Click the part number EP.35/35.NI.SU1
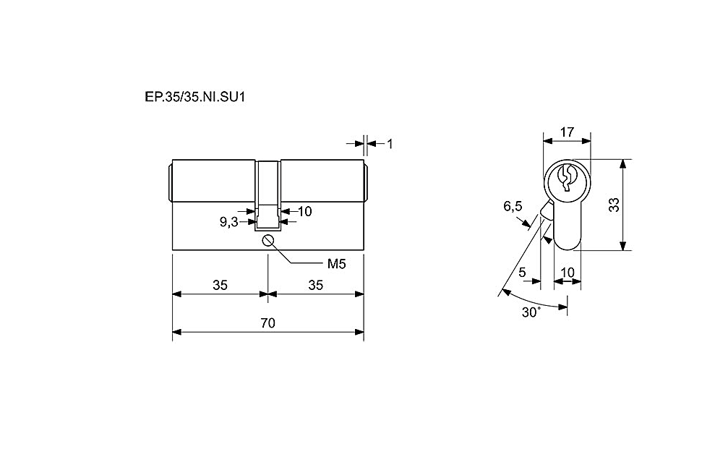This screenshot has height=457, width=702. click(x=194, y=97)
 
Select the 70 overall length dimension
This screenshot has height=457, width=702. click(x=267, y=323)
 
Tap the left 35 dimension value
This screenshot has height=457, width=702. click(x=220, y=285)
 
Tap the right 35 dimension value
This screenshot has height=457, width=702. click(x=316, y=285)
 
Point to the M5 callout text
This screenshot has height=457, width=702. click(x=337, y=264)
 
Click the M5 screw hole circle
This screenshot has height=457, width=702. click(x=268, y=241)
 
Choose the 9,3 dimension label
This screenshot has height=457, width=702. click(x=228, y=222)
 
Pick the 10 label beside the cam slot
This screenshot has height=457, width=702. click(x=304, y=211)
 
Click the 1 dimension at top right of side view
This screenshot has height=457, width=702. click(x=390, y=144)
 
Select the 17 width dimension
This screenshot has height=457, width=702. click(x=567, y=132)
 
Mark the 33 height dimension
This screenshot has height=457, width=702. click(x=615, y=205)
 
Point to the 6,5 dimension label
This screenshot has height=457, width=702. click(x=513, y=206)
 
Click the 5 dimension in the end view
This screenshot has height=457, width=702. click(x=522, y=272)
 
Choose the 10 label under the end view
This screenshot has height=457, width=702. click(x=568, y=272)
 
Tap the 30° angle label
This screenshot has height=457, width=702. click(x=531, y=312)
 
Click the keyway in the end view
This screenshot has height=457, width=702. click(x=566, y=178)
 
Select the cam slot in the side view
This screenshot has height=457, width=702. click(x=267, y=218)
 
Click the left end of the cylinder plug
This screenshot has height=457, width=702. click(x=171, y=184)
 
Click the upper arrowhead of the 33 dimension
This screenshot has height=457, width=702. click(x=622, y=164)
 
